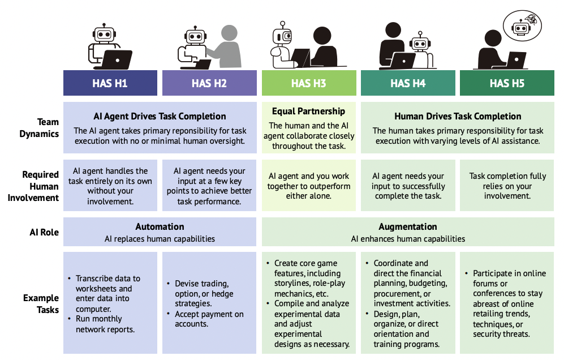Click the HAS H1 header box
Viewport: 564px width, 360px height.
pos(110,83)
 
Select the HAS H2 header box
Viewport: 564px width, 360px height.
pos(209,83)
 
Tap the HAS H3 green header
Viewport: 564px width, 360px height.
pos(308,83)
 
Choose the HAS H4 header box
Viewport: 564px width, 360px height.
pos(408,83)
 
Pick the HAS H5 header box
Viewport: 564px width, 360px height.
pos(507,83)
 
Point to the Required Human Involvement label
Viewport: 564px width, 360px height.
pos(40,186)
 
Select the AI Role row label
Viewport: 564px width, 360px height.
pos(44,233)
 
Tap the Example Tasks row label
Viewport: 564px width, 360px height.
pos(40,304)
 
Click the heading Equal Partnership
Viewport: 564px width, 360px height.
pos(308,111)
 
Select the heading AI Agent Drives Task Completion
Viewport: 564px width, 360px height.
pos(160,117)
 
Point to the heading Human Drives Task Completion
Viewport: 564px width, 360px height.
pos(458,117)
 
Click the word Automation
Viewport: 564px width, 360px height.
pos(160,226)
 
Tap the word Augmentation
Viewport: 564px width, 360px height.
pos(408,226)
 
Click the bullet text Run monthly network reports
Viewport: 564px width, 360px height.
pos(105,324)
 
